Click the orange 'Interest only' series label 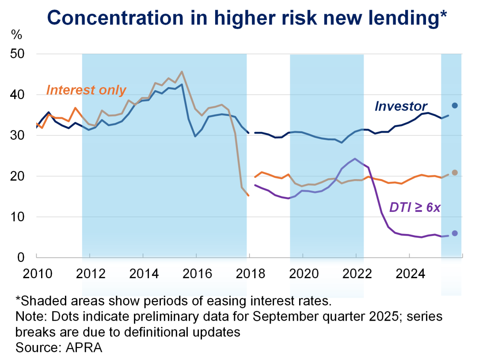point(86,90)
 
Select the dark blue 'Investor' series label point(401,106)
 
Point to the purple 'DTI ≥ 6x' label point(414,207)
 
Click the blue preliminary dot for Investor point(454,105)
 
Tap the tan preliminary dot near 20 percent point(454,172)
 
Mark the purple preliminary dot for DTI point(454,233)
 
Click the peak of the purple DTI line point(355,158)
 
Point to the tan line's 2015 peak point(182,71)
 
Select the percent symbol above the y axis point(16,34)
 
